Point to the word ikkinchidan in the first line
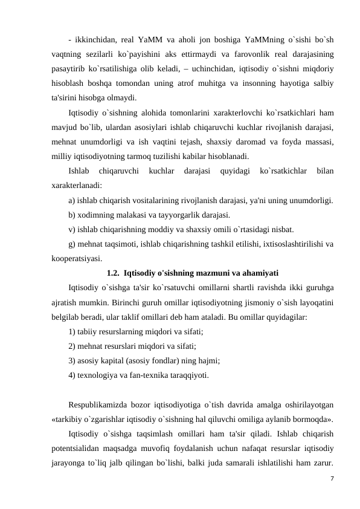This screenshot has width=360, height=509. tap(95, 40)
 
